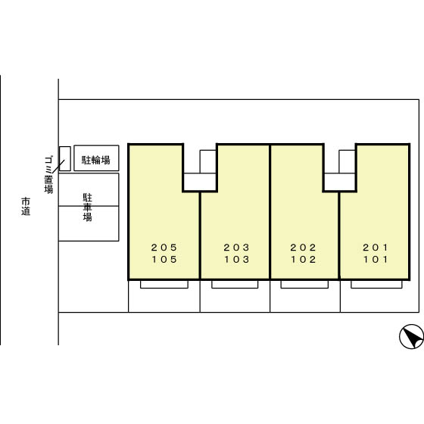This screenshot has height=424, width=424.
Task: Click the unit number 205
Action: coord(164,247)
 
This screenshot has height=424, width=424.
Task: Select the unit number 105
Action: coord(164,259)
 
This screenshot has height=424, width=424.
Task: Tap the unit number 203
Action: coord(236,247)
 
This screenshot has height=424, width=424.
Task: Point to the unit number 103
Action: coord(236,259)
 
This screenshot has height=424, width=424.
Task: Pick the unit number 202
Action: coord(303,247)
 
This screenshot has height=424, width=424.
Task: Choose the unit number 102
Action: coord(304,259)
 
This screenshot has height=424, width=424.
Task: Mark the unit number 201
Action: coord(376,247)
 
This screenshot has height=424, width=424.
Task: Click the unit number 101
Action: coord(376,259)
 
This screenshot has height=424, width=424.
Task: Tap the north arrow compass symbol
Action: coord(412,336)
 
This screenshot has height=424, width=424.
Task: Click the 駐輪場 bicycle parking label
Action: coord(96,160)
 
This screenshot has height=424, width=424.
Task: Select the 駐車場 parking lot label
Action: coord(87,207)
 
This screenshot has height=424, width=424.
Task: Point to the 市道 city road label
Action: coord(26,206)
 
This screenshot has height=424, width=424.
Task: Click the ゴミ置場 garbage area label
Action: coord(48,174)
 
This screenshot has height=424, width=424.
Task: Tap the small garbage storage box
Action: coord(65,159)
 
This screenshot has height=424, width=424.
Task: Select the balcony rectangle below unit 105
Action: coord(164,285)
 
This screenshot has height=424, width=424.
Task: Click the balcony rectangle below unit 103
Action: coord(235,285)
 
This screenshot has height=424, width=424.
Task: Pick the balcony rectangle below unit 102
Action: coord(304,285)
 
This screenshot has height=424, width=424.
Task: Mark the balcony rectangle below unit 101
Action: coord(376,285)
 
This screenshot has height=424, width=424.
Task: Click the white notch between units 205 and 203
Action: coord(200,182)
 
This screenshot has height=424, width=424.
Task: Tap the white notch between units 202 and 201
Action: coord(340,182)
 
